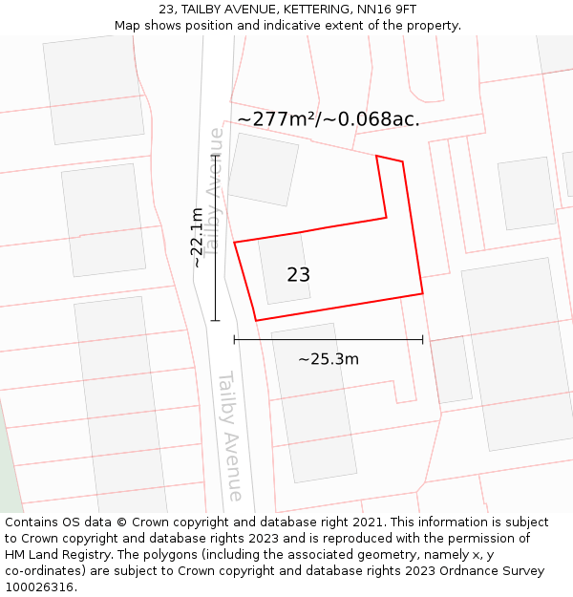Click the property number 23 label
pos(298,275)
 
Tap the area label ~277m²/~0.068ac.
pos(328,119)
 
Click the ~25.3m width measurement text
pos(328,359)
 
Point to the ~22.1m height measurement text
pos(197,238)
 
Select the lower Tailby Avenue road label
pos(231,436)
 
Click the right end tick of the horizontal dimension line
pos(423,339)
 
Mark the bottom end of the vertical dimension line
pos(216,321)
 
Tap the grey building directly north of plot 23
pos(263,169)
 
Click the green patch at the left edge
pos(9,468)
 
